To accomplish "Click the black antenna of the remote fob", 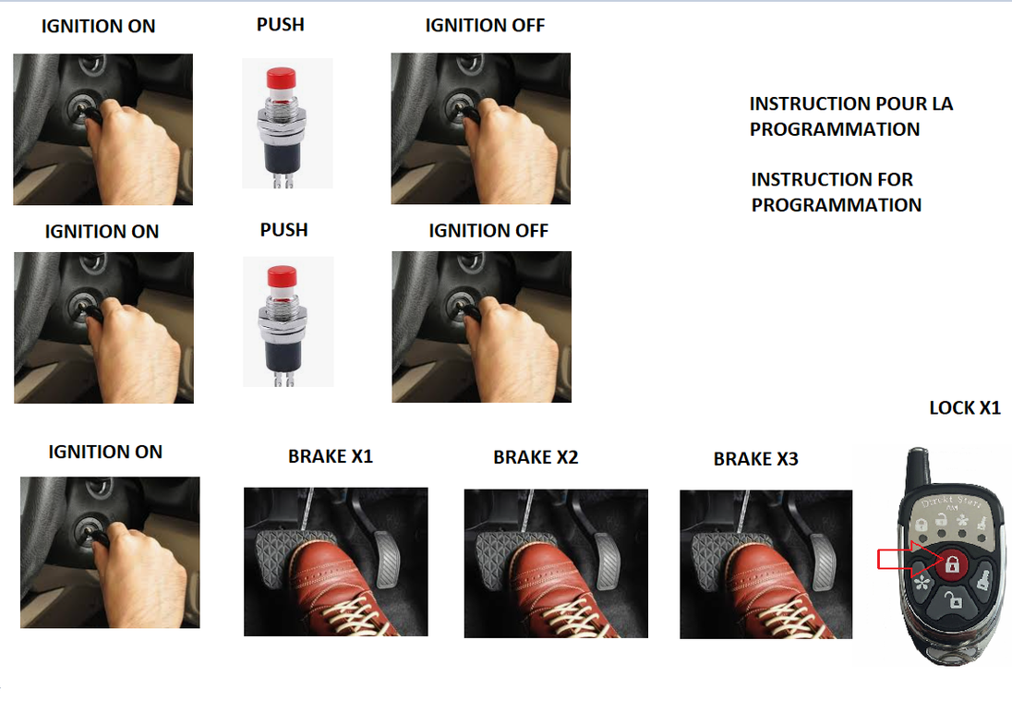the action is pyautogui.click(x=918, y=469).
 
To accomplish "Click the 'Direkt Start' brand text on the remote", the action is pyautogui.click(x=952, y=501).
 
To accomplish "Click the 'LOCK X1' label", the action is pyautogui.click(x=964, y=408).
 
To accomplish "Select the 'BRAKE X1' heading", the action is pyautogui.click(x=331, y=456).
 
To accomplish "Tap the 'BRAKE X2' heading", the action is pyautogui.click(x=536, y=457).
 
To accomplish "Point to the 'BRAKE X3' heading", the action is pyautogui.click(x=756, y=459).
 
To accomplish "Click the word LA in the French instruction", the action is pyautogui.click(x=943, y=104).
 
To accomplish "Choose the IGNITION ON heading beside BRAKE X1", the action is pyautogui.click(x=105, y=452).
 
